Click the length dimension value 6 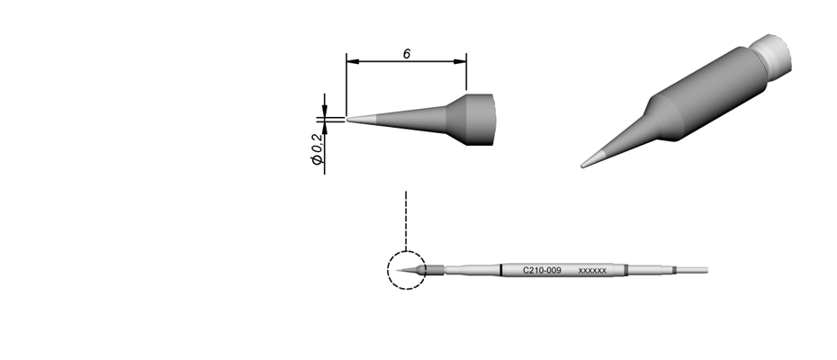[x=407, y=54]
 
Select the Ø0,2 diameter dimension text [x=318, y=149]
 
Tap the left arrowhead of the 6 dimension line [x=353, y=61]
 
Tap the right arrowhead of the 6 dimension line [x=460, y=61]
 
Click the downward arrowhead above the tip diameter [x=325, y=111]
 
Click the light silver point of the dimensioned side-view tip [x=362, y=119]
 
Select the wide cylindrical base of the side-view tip [x=480, y=119]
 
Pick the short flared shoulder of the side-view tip [x=456, y=119]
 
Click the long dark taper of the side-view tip [x=411, y=119]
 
